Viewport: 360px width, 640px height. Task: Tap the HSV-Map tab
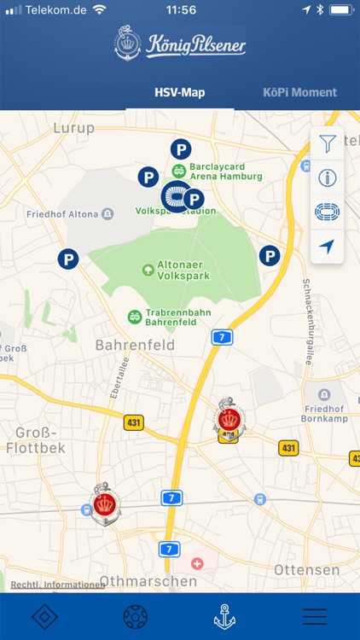pos(180,92)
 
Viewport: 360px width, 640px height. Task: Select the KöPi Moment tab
pos(299,92)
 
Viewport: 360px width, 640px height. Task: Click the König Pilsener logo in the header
pos(180,44)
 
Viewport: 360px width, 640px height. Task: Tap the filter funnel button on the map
pos(328,144)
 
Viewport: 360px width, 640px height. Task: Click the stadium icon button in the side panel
pos(328,212)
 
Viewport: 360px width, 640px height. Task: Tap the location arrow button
pos(328,247)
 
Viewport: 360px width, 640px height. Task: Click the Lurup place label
pos(74,127)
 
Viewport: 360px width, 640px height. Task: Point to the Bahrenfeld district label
pos(135,346)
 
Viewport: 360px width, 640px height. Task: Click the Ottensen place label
pos(306,569)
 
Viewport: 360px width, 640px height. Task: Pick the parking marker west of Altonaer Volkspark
pos(68,258)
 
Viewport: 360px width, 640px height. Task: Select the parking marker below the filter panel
pos(270,255)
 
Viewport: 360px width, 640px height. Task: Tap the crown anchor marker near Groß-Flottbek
pos(105,505)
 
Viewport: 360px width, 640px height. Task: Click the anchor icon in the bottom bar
pos(224,616)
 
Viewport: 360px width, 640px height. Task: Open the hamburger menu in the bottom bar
pos(314,616)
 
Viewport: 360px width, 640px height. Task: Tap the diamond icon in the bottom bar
pos(45,616)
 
